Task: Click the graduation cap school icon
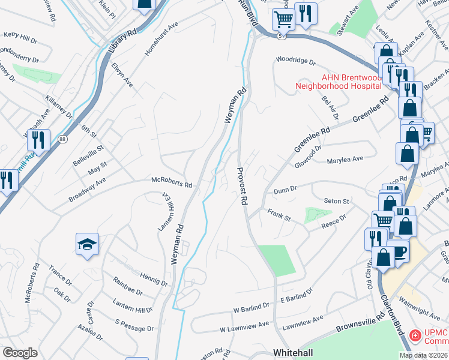tap(88, 245)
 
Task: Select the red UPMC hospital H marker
tap(414, 335)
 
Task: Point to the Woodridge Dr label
tap(295, 59)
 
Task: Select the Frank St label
tap(279, 215)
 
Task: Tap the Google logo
tap(20, 353)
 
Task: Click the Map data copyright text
tap(424, 355)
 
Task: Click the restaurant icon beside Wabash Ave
tap(38, 140)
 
